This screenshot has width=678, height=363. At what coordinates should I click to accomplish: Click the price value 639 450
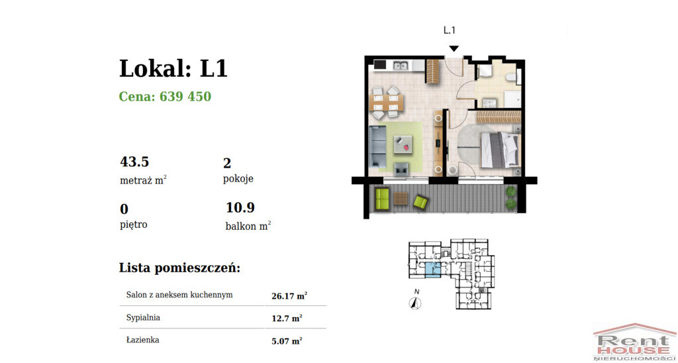[x=185, y=97]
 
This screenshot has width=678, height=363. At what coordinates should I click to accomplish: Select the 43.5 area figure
[x=134, y=162]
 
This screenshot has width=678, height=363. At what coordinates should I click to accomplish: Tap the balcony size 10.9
[x=240, y=208]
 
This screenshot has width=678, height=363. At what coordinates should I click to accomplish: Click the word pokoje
[x=238, y=179]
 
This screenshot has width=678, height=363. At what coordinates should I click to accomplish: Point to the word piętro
[x=134, y=225]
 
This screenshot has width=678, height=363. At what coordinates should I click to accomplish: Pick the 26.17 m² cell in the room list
[x=290, y=296]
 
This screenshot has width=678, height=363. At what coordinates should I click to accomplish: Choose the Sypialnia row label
[x=144, y=318]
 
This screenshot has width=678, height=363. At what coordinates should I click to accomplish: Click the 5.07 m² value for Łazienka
[x=287, y=341]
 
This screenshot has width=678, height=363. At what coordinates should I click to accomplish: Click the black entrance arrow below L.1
[x=454, y=48]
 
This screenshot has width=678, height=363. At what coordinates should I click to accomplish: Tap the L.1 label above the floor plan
[x=450, y=30]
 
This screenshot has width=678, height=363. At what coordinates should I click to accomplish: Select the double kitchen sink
[x=401, y=66]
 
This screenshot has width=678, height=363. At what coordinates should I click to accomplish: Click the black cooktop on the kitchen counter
[x=380, y=66]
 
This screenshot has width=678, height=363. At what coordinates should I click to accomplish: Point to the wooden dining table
[x=387, y=103]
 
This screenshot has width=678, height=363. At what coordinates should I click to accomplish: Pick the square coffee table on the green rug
[x=403, y=145]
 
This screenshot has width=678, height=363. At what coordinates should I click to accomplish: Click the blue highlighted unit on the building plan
[x=433, y=270]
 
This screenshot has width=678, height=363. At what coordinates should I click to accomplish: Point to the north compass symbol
[x=416, y=303]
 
